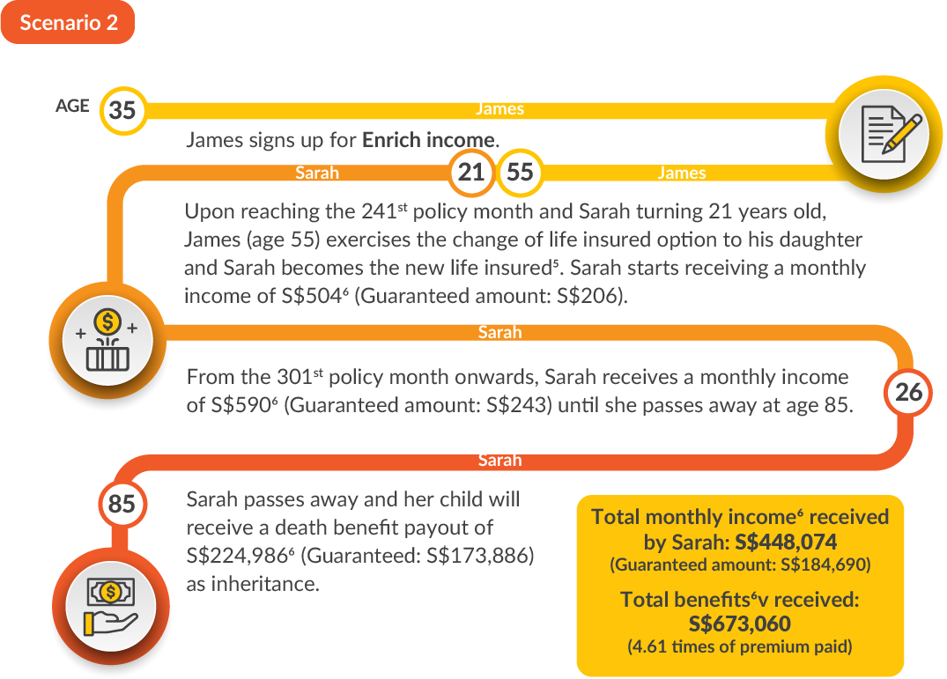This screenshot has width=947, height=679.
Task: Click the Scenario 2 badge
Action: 68,22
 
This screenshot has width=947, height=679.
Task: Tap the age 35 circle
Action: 122,110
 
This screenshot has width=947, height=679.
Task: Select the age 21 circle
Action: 471,173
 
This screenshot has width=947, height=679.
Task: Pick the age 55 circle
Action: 520,173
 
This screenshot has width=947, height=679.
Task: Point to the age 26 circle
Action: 908,392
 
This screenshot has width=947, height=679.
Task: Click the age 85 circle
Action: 122,504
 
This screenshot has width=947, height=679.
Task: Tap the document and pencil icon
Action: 884,134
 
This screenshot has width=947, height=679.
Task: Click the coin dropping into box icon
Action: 107,341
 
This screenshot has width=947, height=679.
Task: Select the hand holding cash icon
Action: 111,607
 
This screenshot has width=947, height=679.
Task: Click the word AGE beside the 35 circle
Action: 72,107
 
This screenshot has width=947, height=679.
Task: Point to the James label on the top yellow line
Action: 499,108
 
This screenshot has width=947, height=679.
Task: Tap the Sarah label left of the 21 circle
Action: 317,173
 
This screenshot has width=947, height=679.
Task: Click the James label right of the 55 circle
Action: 682,173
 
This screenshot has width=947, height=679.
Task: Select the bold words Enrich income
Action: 428,140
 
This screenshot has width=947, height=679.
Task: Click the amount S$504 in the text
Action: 312,296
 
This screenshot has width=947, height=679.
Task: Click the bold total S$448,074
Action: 786,542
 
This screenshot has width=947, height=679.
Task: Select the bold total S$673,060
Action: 740,624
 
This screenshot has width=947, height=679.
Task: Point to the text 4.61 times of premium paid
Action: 740,647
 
